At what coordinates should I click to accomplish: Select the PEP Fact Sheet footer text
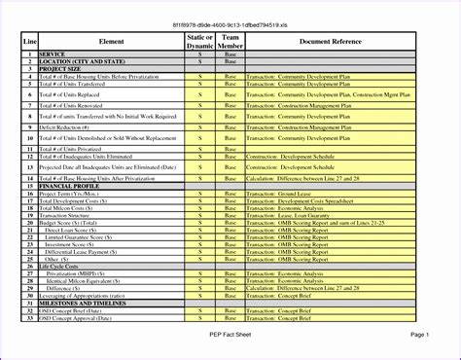point(230,334)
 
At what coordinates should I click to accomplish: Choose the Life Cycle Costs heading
point(61,266)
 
